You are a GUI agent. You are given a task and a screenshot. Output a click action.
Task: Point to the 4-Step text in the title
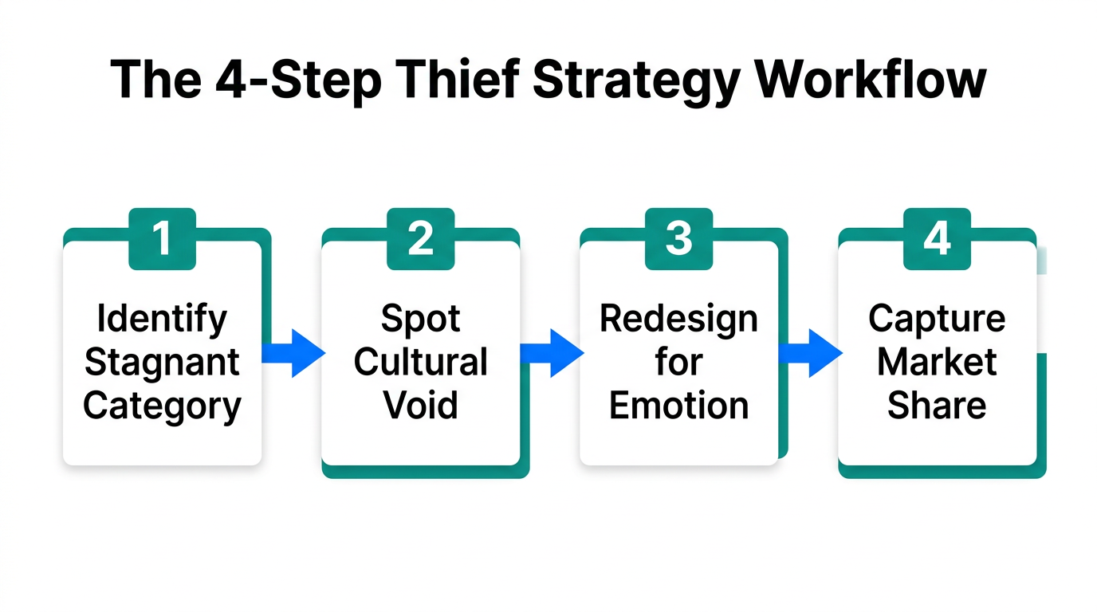tap(289, 80)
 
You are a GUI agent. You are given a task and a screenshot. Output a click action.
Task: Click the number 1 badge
tap(162, 238)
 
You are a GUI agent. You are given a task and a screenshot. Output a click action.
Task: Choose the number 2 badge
tap(420, 238)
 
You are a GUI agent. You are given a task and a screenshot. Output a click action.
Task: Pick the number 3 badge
tap(678, 238)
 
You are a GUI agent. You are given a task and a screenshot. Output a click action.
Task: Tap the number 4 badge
tap(937, 238)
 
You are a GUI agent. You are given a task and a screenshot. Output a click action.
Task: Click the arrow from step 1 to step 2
tap(293, 352)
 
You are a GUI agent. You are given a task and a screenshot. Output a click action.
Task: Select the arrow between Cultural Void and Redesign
tap(551, 352)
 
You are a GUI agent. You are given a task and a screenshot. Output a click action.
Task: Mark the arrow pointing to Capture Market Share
tap(809, 352)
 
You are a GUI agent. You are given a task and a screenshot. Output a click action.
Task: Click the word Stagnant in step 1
tap(162, 363)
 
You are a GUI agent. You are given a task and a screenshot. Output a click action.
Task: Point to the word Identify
tap(162, 320)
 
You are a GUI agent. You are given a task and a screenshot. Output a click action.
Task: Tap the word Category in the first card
tap(162, 406)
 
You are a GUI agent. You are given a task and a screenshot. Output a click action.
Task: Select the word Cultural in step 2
tap(420, 363)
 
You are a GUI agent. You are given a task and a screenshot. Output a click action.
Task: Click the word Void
tap(420, 406)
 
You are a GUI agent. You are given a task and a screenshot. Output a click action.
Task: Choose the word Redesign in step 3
tap(678, 320)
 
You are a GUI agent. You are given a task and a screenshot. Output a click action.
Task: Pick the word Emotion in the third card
tap(678, 406)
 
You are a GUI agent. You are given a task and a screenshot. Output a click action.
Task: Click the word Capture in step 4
tap(937, 320)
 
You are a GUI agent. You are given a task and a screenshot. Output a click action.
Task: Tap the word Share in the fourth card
tap(937, 406)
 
